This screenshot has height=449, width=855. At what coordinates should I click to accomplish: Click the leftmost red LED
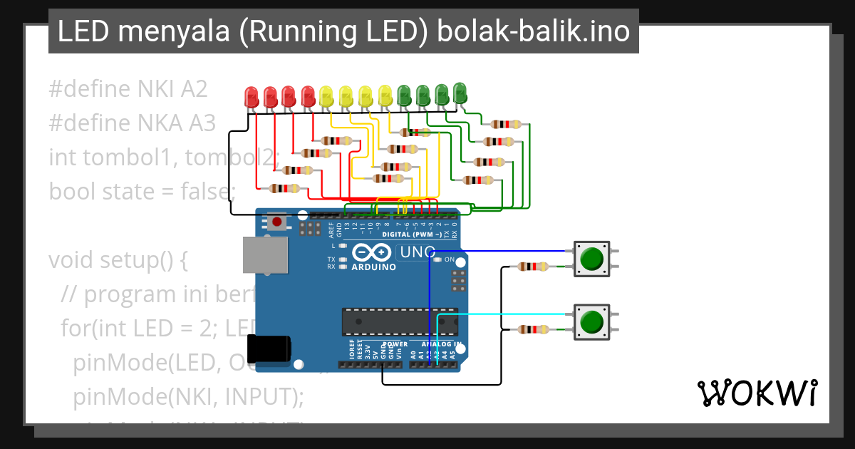tap(252, 96)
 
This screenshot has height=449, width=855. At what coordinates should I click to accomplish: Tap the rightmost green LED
tap(460, 92)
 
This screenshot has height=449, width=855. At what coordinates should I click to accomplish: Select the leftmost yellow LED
tap(326, 96)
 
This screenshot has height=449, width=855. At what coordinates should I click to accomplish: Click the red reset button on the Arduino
tap(276, 222)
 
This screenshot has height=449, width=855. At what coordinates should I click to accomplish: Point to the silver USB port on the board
tap(264, 254)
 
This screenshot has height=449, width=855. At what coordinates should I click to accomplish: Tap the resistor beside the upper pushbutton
tap(532, 267)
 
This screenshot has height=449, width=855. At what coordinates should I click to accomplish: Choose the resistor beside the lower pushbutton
tap(532, 329)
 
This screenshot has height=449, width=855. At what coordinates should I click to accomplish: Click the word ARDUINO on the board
tap(373, 267)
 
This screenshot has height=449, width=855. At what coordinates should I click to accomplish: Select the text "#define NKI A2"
tap(128, 89)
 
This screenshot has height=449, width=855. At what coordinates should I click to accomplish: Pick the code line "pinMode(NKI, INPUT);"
tap(188, 396)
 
